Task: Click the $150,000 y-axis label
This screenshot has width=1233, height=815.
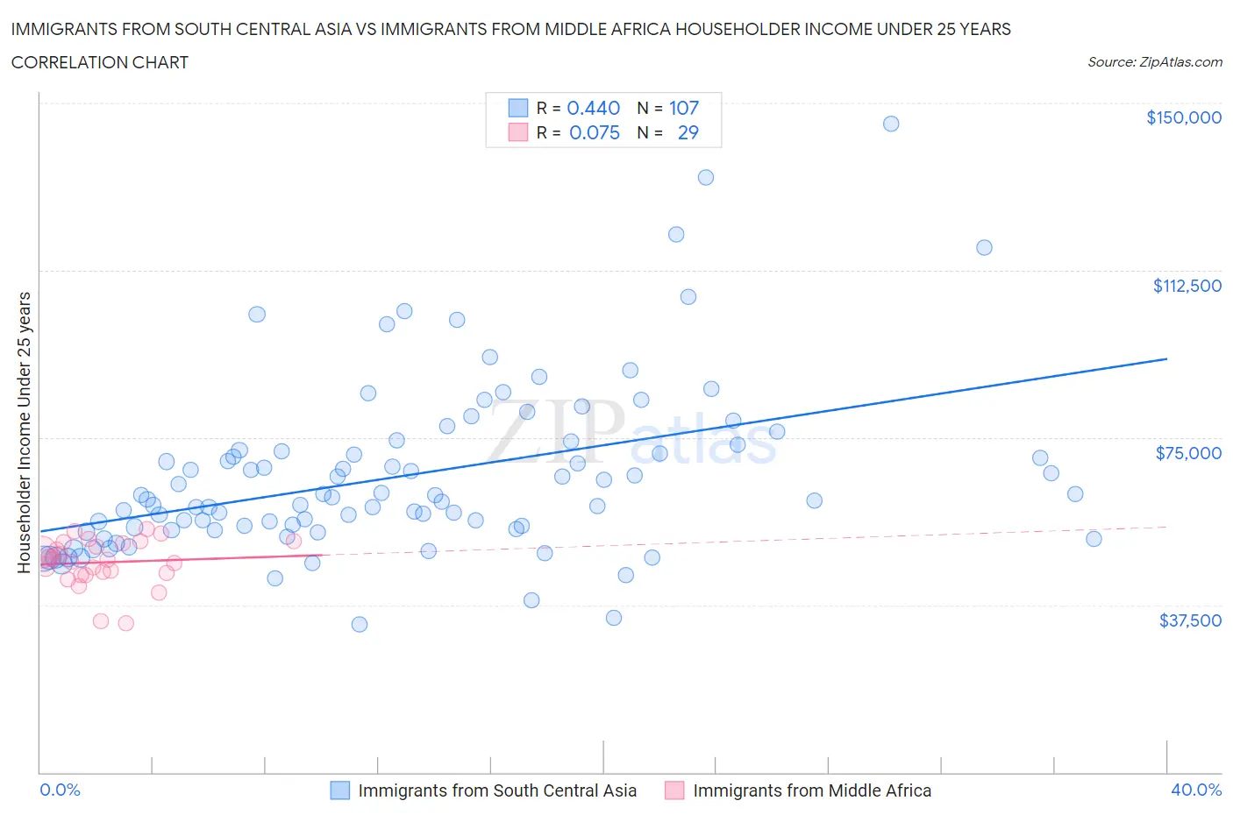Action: [x=1183, y=117]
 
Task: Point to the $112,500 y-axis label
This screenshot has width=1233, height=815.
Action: [x=1187, y=286]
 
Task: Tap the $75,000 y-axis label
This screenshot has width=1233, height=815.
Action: [x=1187, y=453]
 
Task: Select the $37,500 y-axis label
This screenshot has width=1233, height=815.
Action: [x=1189, y=620]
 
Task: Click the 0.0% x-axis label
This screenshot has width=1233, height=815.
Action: [x=60, y=790]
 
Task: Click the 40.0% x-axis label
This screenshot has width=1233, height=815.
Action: [x=1196, y=790]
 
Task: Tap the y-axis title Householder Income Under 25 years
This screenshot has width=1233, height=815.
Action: [x=24, y=432]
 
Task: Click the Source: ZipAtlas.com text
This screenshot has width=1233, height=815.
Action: [x=1154, y=62]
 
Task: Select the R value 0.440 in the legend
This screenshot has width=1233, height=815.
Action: [x=593, y=108]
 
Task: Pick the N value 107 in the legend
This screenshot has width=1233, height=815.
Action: [x=683, y=108]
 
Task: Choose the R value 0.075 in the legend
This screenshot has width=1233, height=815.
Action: [x=594, y=132]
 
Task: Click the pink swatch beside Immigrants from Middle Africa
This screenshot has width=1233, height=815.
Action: [x=674, y=790]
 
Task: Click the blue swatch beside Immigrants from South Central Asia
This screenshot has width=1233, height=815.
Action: [x=339, y=790]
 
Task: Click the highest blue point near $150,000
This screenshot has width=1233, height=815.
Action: [x=890, y=124]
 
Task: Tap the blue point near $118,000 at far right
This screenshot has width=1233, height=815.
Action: [x=983, y=248]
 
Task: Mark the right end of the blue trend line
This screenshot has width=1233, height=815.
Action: [x=1166, y=358]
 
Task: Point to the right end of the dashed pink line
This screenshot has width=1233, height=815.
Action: [x=1166, y=527]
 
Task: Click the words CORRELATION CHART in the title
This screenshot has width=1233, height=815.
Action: [x=99, y=62]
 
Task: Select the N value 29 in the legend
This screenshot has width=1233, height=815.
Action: [x=688, y=132]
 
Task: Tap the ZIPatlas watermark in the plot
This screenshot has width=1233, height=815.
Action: [x=631, y=434]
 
